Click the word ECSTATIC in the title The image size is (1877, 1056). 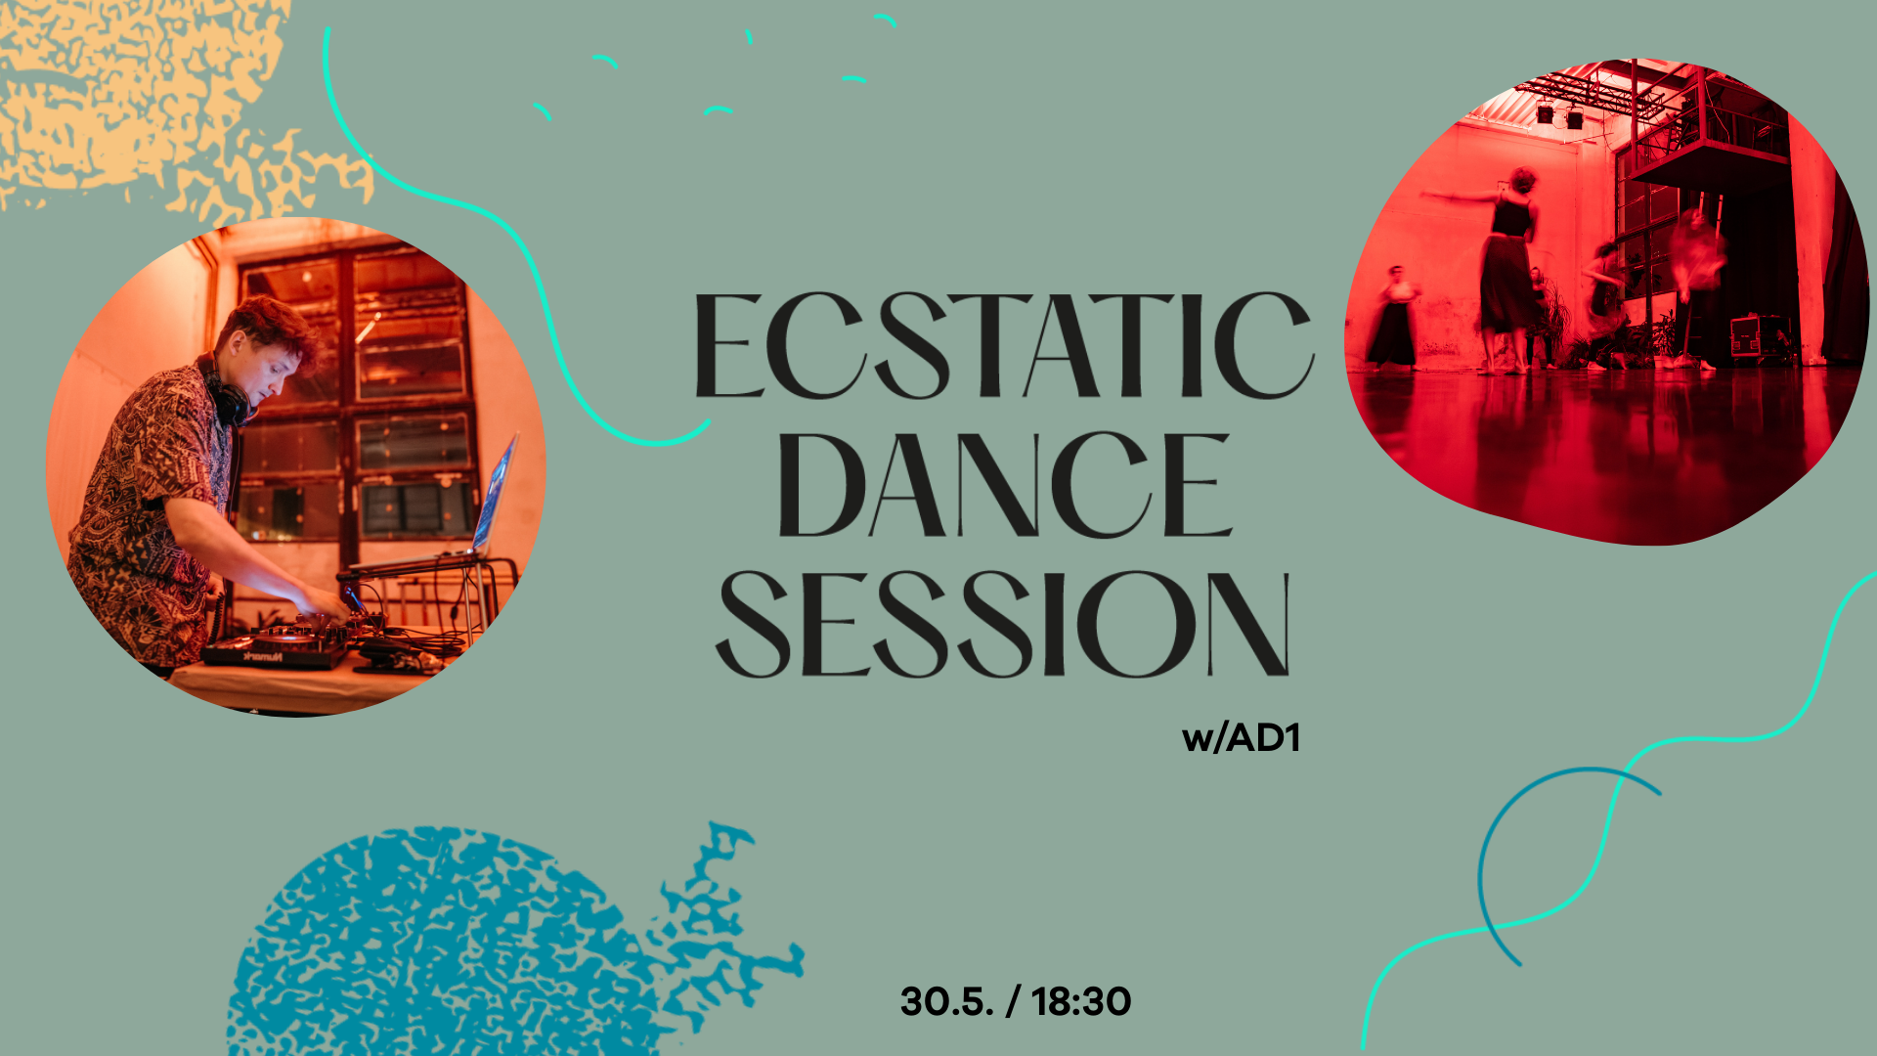tap(1003, 345)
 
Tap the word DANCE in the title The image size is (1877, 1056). tap(1004, 486)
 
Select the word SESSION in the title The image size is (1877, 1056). tap(1004, 624)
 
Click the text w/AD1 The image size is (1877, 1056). tap(1241, 738)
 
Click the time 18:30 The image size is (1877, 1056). tap(1081, 1001)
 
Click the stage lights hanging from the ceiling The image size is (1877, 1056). tap(1559, 115)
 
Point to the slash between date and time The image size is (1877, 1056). tap(1013, 1001)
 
